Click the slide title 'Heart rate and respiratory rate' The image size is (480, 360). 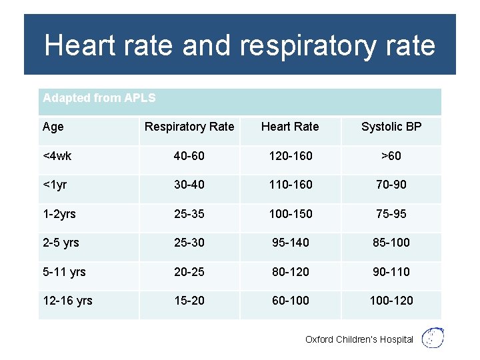pos(239,45)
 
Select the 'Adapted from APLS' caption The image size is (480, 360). pos(99,98)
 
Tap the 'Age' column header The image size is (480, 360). pos(53,127)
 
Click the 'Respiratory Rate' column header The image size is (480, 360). pos(189,127)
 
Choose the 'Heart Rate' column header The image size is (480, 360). pos(290,127)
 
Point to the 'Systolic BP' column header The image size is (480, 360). pos(391,127)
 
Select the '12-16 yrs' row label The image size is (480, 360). pos(67,301)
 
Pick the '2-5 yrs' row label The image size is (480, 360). pos(61,243)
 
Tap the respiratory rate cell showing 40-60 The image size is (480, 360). pos(189,156)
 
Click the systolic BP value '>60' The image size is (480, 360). pos(391,156)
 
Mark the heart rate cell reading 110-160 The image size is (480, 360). pos(290,185)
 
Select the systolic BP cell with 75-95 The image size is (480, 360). pos(391,214)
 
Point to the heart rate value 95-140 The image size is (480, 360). pos(290,243)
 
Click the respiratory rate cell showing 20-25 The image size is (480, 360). pos(189,272)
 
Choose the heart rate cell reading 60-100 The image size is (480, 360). pos(290,301)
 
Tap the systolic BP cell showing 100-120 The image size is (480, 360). pos(391,301)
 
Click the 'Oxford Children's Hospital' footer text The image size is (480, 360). pos(359,339)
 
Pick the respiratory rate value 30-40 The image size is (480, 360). pos(189,185)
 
